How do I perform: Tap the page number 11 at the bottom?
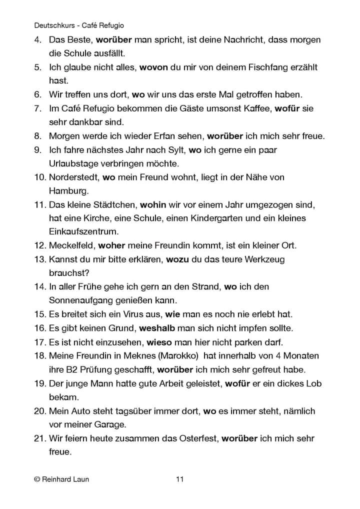pos(180,479)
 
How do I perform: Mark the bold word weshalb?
pos(163,328)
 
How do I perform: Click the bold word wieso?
pos(159,342)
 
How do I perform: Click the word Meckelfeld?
pos(71,246)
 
